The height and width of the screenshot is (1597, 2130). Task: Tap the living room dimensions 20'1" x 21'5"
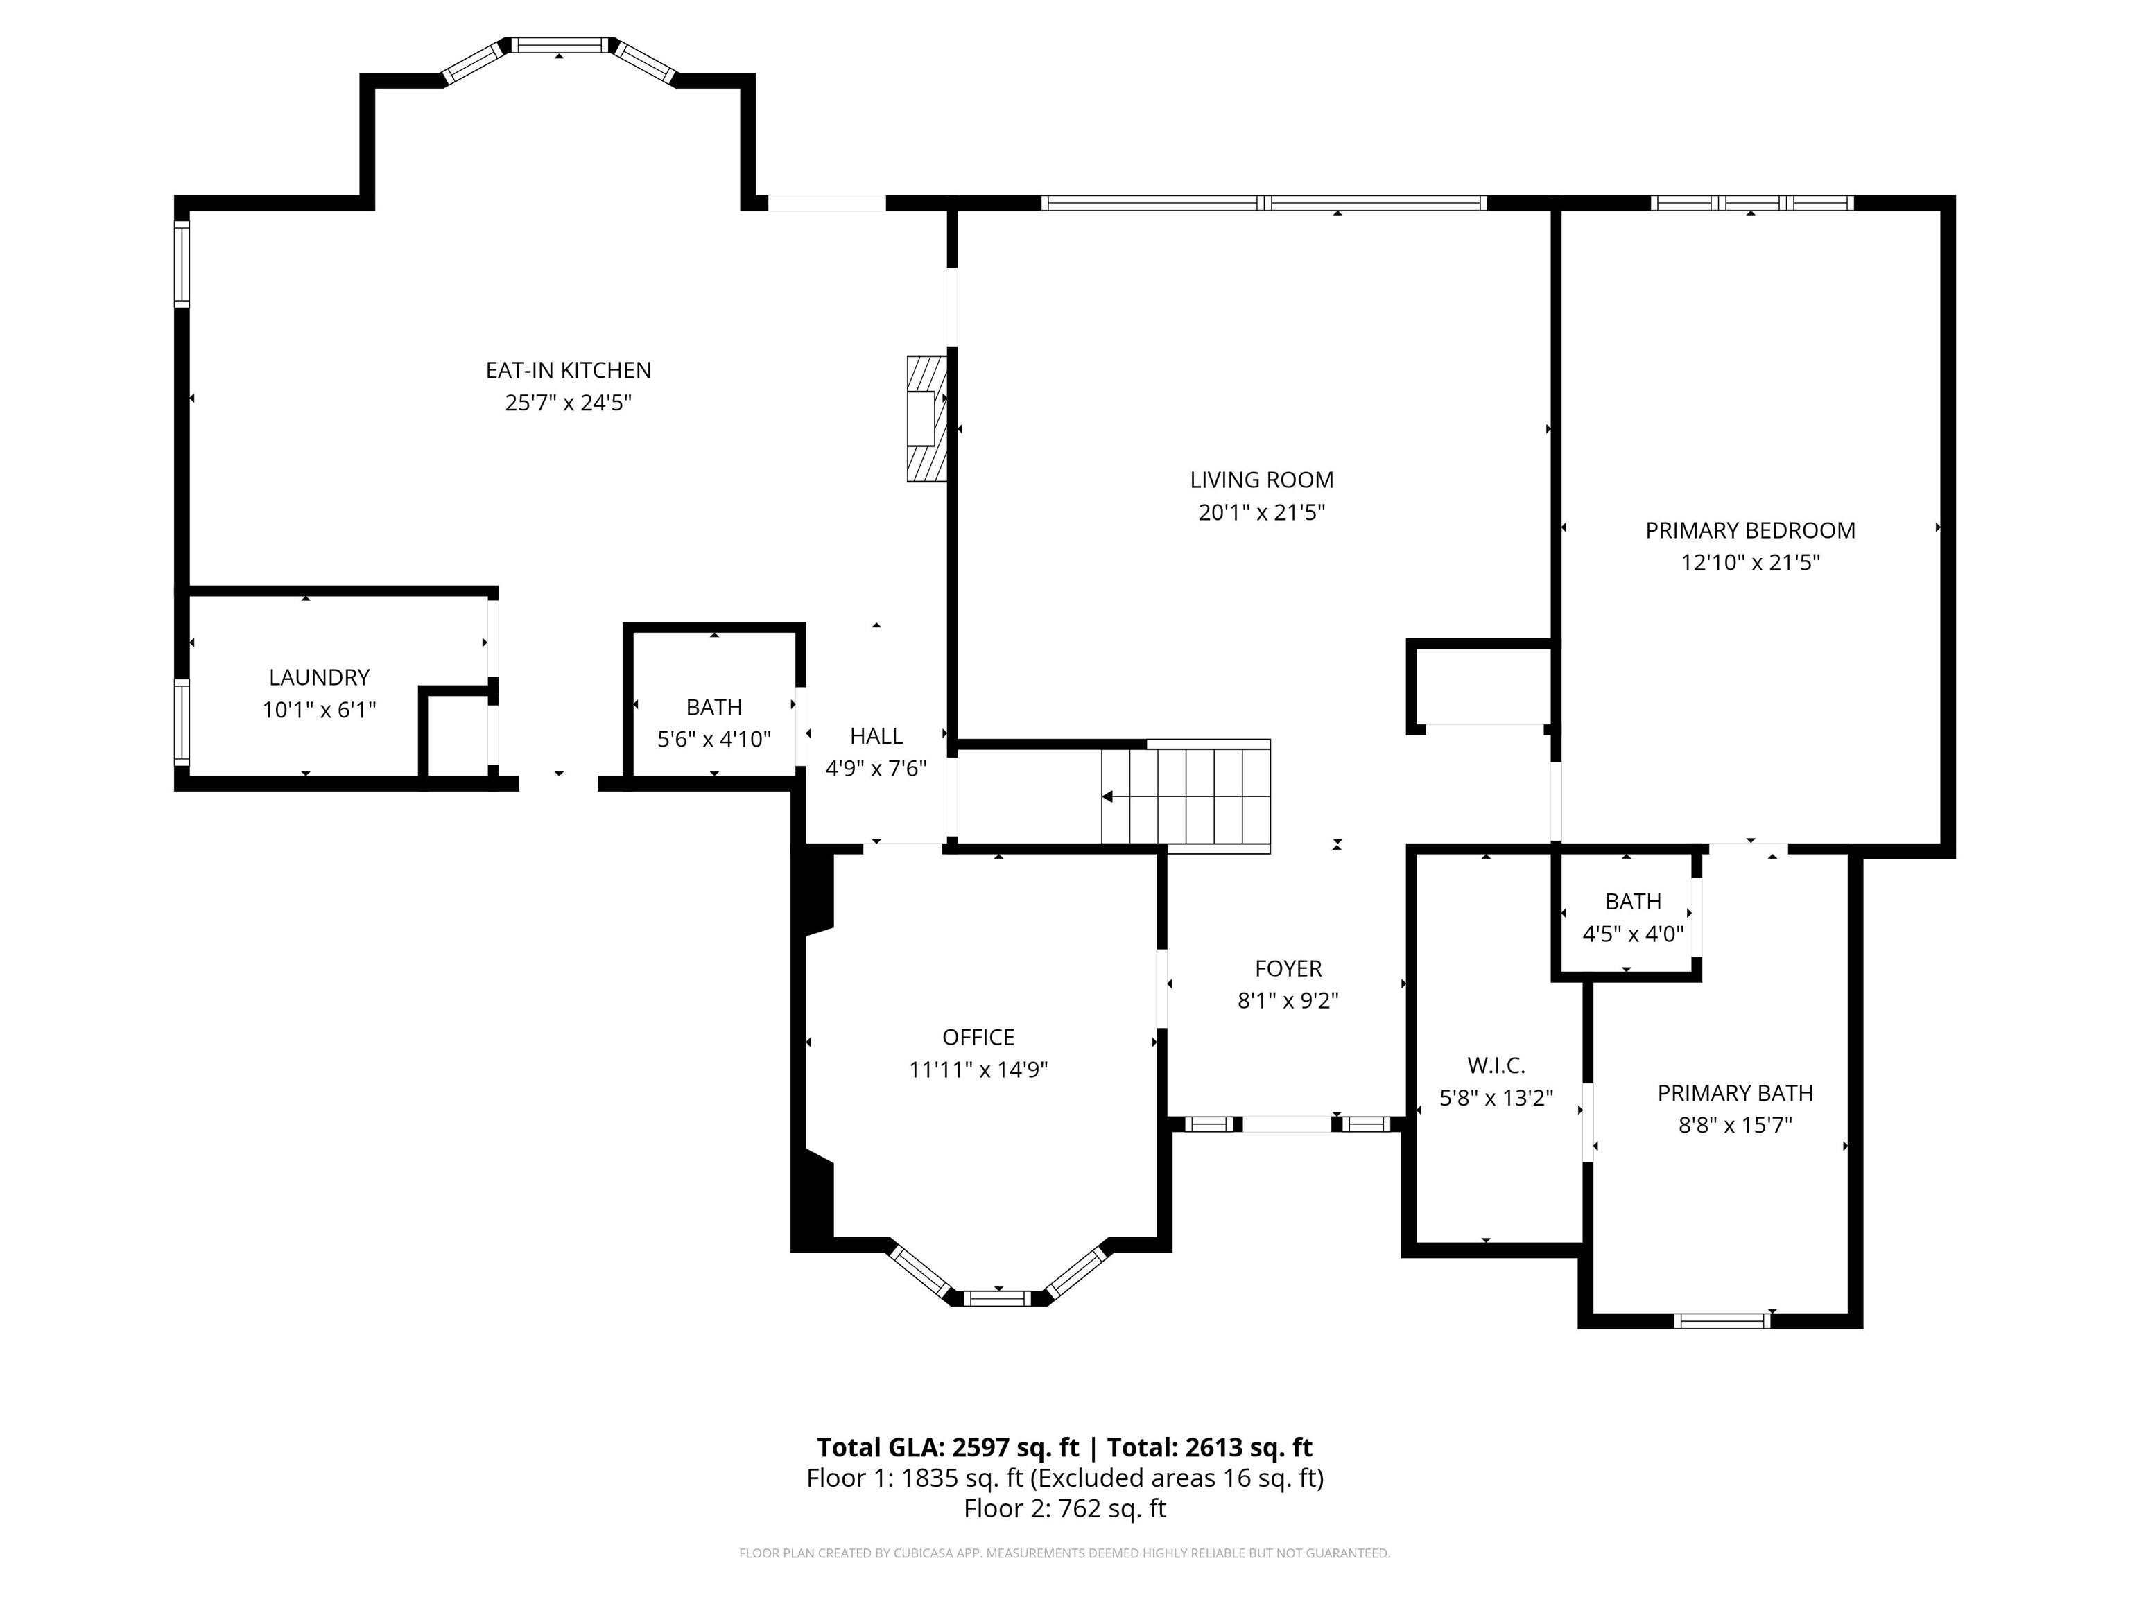[x=1261, y=512]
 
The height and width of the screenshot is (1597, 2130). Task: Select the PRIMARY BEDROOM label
[x=1749, y=530]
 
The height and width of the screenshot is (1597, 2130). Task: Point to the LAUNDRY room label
[x=319, y=678]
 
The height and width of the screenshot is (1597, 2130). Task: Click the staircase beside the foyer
[x=1186, y=796]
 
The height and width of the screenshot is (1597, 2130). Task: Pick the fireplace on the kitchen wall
[x=927, y=419]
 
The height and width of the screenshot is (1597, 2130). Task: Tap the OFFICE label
[x=978, y=1037]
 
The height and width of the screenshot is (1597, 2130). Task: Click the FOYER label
[x=1288, y=968]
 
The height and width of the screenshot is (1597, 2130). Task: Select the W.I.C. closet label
[x=1496, y=1065]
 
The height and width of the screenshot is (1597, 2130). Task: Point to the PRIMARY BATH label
[x=1735, y=1094]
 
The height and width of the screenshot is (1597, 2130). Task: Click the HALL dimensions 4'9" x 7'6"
[x=876, y=768]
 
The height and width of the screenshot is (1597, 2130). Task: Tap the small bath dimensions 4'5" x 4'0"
[x=1633, y=934]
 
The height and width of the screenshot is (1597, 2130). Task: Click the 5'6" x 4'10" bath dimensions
[x=714, y=740]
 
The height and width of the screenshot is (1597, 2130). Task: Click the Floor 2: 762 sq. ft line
[x=1065, y=1508]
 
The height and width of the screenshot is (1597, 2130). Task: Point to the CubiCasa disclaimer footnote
[x=1065, y=1553]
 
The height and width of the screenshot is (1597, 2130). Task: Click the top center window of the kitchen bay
[x=560, y=45]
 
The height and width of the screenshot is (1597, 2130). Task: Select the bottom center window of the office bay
[x=998, y=1298]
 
